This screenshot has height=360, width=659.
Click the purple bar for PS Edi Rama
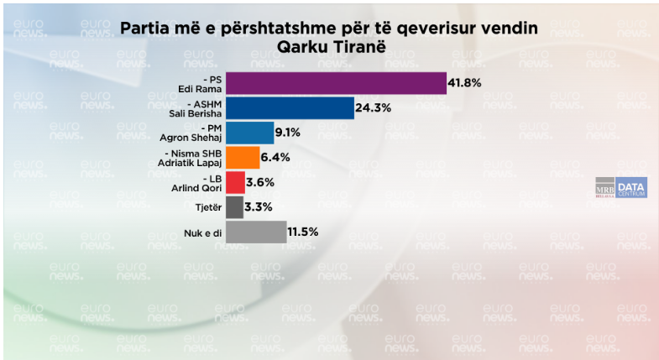click(336, 84)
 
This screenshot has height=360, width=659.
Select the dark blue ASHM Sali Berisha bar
click(290, 108)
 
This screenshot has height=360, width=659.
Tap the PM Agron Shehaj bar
click(250, 133)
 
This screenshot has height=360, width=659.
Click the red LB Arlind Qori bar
click(235, 182)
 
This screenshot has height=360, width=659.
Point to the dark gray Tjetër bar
click(234, 206)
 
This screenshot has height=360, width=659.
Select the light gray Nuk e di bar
click(256, 232)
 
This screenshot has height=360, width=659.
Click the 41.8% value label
click(468, 84)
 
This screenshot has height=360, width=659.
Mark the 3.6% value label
click(261, 182)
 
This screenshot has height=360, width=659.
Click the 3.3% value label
click(259, 206)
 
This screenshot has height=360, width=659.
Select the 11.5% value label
click(304, 232)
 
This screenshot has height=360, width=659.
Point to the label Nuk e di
click(201, 232)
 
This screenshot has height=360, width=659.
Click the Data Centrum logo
click(630, 188)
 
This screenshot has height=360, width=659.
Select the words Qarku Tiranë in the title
click(328, 47)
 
